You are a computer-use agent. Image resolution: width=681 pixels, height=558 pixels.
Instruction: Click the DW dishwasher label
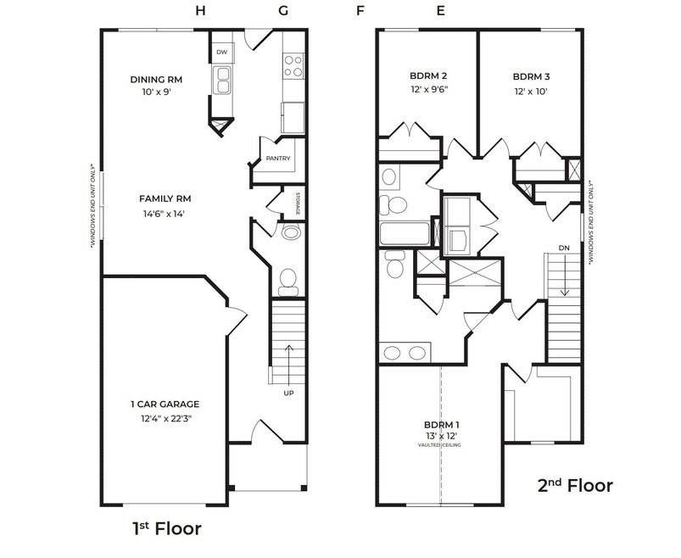(x=221, y=52)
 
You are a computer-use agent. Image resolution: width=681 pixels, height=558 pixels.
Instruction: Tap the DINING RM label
(x=156, y=80)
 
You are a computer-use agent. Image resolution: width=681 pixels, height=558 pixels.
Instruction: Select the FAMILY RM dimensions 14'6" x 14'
(x=165, y=214)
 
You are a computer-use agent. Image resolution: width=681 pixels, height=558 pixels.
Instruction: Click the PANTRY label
(x=278, y=159)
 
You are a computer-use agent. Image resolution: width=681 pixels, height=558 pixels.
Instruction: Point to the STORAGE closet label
(x=298, y=204)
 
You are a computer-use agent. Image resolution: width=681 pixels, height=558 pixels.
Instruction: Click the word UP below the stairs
(x=289, y=393)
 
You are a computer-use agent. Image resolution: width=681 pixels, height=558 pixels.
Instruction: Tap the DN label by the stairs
(x=564, y=248)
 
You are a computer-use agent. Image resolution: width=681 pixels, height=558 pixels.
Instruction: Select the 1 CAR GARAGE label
(x=165, y=405)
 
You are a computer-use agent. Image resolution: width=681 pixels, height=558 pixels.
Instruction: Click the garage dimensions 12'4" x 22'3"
(x=166, y=419)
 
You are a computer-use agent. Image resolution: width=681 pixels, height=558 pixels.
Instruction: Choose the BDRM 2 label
(x=428, y=75)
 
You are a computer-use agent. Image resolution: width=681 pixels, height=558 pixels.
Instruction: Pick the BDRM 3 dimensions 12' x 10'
(x=531, y=92)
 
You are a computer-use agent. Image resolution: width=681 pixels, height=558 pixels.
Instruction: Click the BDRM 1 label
(x=442, y=425)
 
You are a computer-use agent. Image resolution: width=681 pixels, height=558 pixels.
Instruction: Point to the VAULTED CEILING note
(x=439, y=445)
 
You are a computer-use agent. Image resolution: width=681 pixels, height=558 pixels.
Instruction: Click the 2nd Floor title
(x=575, y=485)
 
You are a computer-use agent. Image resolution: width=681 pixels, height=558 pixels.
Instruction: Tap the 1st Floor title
(x=167, y=528)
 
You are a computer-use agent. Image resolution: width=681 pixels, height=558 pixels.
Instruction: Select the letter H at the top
(x=200, y=11)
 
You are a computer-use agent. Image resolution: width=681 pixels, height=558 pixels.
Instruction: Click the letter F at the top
(x=360, y=11)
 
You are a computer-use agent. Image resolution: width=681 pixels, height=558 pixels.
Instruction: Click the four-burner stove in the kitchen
(x=293, y=66)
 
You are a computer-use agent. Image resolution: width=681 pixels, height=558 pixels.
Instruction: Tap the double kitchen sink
(x=222, y=81)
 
